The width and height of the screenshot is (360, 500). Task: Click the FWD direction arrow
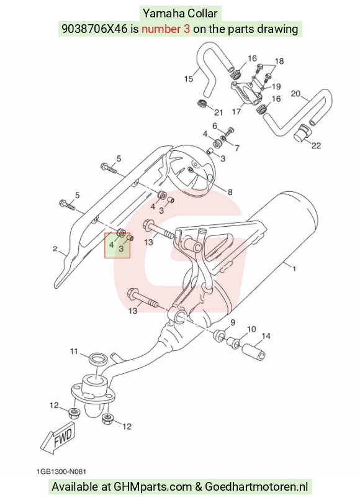[x=58, y=437]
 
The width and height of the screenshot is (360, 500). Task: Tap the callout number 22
[x=316, y=146]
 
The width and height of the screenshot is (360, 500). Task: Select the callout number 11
[x=74, y=352]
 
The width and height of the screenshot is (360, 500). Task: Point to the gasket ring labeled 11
[x=98, y=359]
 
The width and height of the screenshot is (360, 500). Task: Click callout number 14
[x=266, y=336]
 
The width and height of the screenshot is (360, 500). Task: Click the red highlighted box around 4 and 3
[x=117, y=245]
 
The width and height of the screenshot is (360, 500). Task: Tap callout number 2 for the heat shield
[x=55, y=248]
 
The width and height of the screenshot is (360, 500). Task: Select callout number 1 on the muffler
[x=294, y=269]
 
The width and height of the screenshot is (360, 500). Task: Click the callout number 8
[x=230, y=193]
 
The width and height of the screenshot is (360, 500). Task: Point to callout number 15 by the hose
[x=189, y=79]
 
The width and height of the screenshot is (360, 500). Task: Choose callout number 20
[x=295, y=94]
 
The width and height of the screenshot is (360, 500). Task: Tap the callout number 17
[x=236, y=112]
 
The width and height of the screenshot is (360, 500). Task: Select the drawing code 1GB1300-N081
[x=61, y=471]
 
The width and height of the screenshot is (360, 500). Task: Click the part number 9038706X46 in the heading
[x=94, y=29]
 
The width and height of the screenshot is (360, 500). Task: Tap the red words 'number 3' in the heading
[x=166, y=29]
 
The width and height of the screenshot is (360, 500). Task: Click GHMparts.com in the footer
[x=153, y=487]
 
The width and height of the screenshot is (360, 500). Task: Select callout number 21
[x=218, y=112]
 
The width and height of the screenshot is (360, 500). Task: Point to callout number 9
[x=233, y=322]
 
